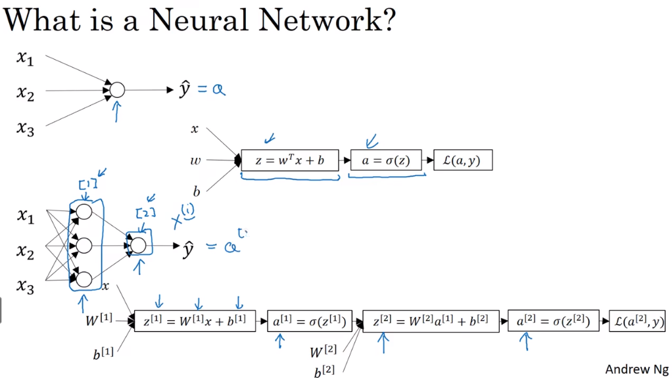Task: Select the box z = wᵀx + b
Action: [x=289, y=160]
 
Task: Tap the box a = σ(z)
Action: [x=385, y=160]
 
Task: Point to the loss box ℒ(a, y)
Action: [x=462, y=160]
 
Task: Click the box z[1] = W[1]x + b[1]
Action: [x=195, y=321]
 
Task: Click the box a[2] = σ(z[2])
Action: [x=554, y=321]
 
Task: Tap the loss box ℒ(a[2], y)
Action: [x=637, y=321]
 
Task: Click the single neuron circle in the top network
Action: [x=116, y=90]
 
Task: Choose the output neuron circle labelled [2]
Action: [x=138, y=246]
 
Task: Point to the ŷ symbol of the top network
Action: [x=185, y=89]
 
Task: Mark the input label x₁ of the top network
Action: [x=25, y=59]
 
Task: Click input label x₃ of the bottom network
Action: [x=25, y=286]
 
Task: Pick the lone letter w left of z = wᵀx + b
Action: [x=195, y=160]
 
